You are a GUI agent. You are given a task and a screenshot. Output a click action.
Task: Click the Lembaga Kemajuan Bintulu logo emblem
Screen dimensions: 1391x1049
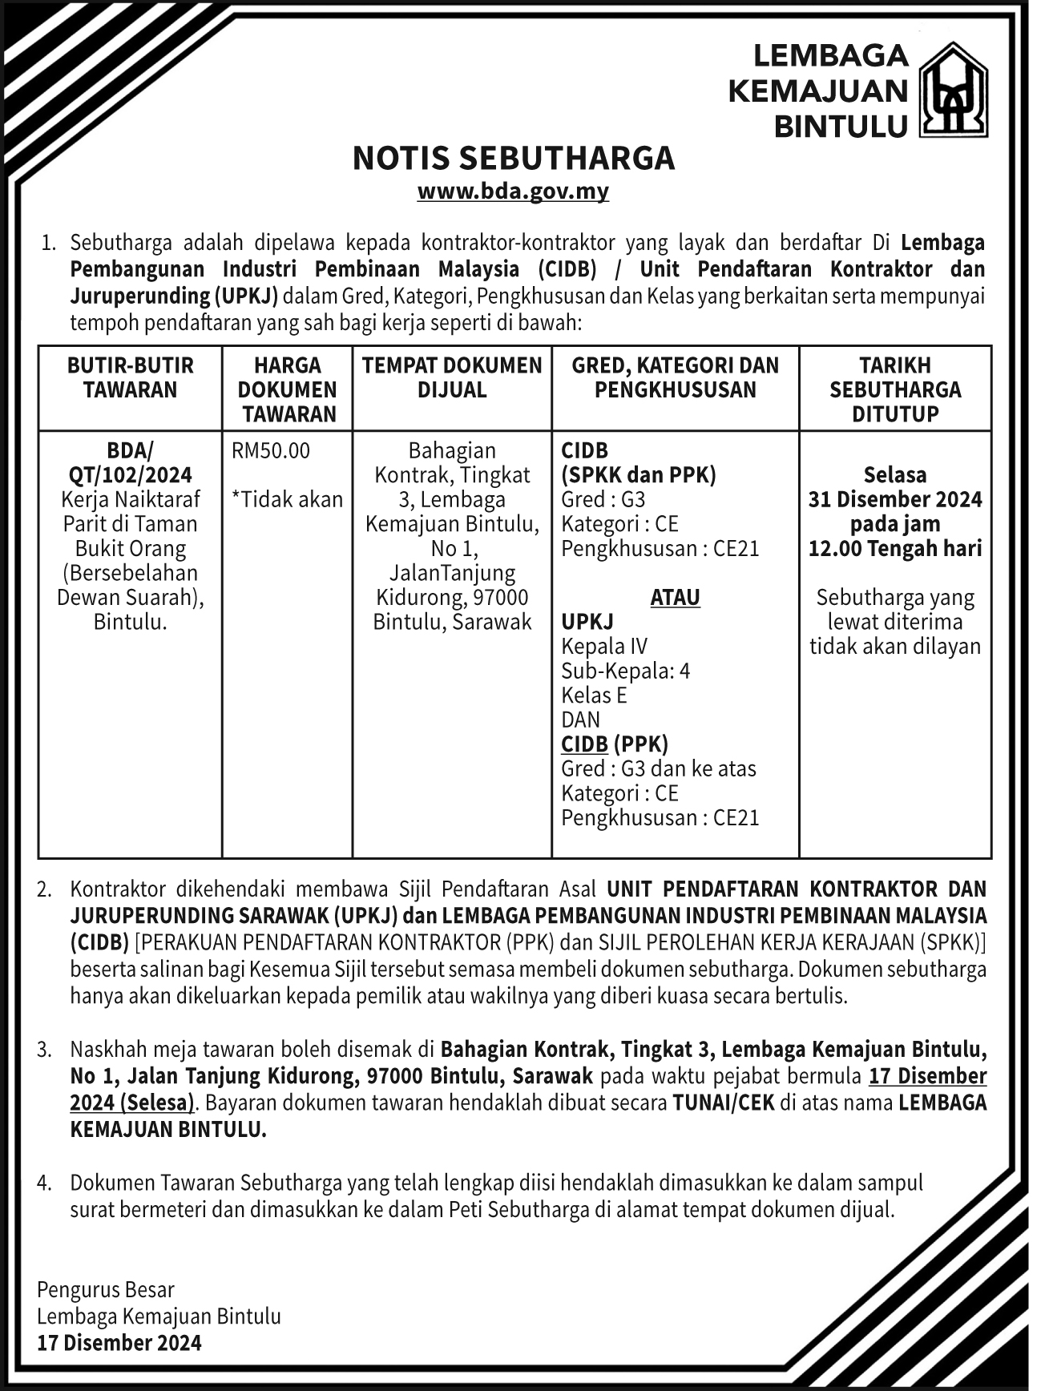[x=952, y=89]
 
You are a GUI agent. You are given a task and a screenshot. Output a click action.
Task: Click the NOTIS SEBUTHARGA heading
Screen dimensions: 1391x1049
[x=514, y=159]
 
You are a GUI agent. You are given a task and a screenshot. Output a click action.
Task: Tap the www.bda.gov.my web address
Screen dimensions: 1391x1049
[x=513, y=192]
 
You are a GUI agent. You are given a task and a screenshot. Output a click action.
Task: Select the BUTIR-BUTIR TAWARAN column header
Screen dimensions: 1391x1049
[x=131, y=377]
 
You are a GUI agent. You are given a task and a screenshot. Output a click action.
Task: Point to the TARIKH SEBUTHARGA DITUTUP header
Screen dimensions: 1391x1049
[x=895, y=389]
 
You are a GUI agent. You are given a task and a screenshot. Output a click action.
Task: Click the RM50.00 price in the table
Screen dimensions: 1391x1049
[x=271, y=450]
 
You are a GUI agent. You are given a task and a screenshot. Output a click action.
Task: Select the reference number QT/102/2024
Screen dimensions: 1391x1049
[x=131, y=475]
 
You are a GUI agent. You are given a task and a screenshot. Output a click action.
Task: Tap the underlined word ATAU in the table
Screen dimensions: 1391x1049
[x=675, y=598]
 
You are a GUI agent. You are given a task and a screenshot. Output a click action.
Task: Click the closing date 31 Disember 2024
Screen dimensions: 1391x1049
[x=895, y=500]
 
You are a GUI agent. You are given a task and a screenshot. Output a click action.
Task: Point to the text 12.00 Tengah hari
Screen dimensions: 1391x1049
[x=895, y=549]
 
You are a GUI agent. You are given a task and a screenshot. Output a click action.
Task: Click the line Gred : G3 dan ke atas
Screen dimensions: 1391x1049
[x=658, y=769]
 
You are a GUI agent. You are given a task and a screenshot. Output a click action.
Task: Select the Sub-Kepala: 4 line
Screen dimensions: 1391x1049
[x=625, y=671]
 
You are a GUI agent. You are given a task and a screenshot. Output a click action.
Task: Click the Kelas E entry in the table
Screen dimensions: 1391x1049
[x=594, y=695]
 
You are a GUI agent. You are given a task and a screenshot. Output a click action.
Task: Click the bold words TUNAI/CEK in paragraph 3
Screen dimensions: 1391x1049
[x=724, y=1103]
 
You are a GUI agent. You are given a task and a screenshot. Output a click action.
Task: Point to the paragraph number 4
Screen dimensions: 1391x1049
[x=45, y=1183]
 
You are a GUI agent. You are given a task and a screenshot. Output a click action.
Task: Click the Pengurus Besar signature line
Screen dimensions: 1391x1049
[x=106, y=1290]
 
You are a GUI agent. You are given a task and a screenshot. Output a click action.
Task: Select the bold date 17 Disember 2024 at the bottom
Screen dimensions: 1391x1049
[x=119, y=1343]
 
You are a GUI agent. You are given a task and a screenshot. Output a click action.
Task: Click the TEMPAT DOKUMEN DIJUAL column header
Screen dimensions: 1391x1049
[x=452, y=377]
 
